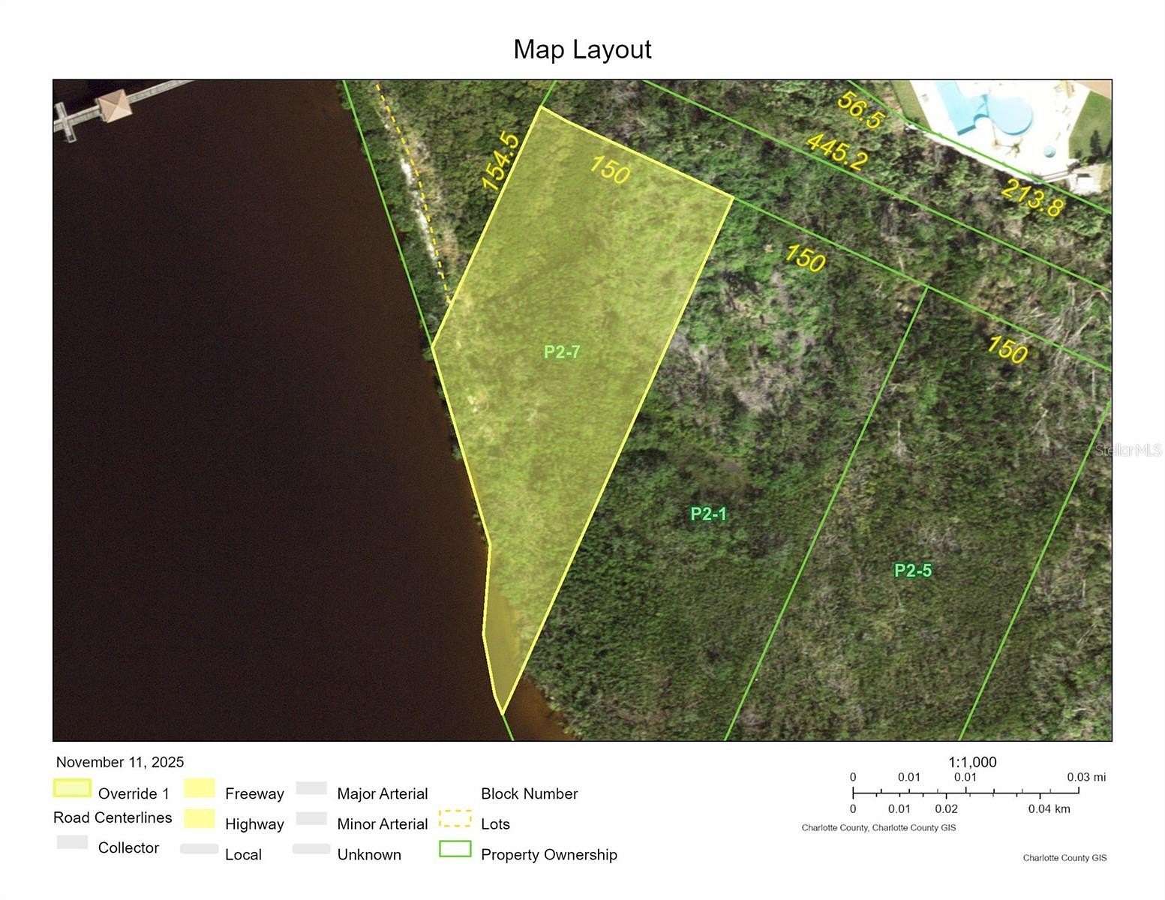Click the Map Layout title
(x=582, y=49)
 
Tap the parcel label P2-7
(x=562, y=352)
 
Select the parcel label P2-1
(x=708, y=514)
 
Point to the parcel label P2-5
(x=913, y=571)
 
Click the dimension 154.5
(x=500, y=162)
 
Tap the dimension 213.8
(x=1031, y=198)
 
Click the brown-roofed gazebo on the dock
(x=114, y=105)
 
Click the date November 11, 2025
(x=120, y=763)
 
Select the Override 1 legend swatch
(x=72, y=788)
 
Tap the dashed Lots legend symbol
(x=455, y=818)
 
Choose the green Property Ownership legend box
(x=455, y=849)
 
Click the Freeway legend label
(x=254, y=794)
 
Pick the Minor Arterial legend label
(x=383, y=824)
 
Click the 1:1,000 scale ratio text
(x=972, y=763)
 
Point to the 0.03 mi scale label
(x=1086, y=778)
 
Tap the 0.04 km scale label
(x=1049, y=809)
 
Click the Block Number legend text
(x=529, y=794)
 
